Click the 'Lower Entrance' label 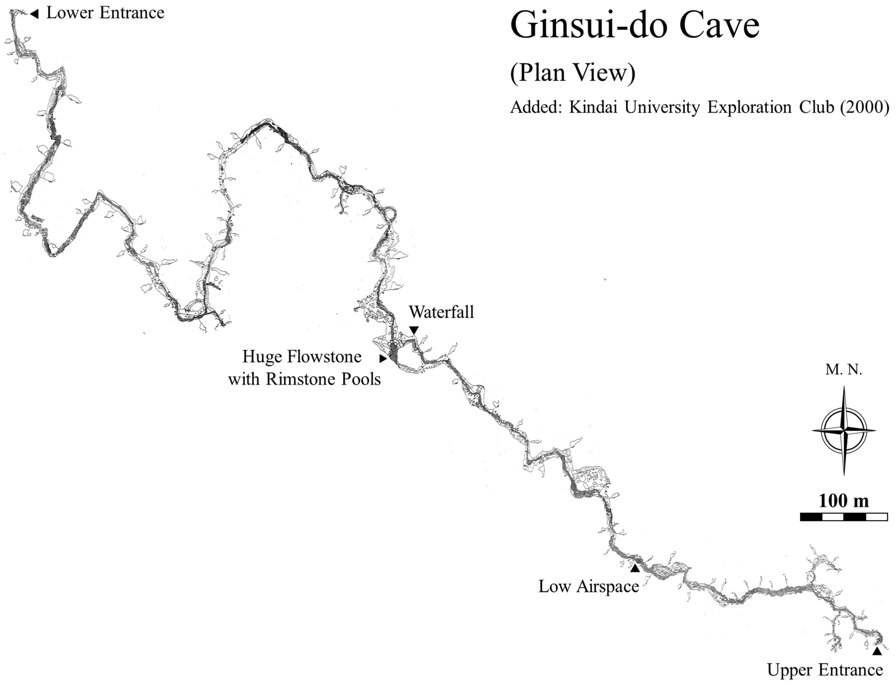(x=105, y=13)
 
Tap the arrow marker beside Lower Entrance (x=35, y=14)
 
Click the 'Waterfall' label (x=441, y=312)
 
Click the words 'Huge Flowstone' (x=302, y=357)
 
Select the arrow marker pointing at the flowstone (x=383, y=359)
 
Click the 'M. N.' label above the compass (x=844, y=370)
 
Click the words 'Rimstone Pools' (x=323, y=379)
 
